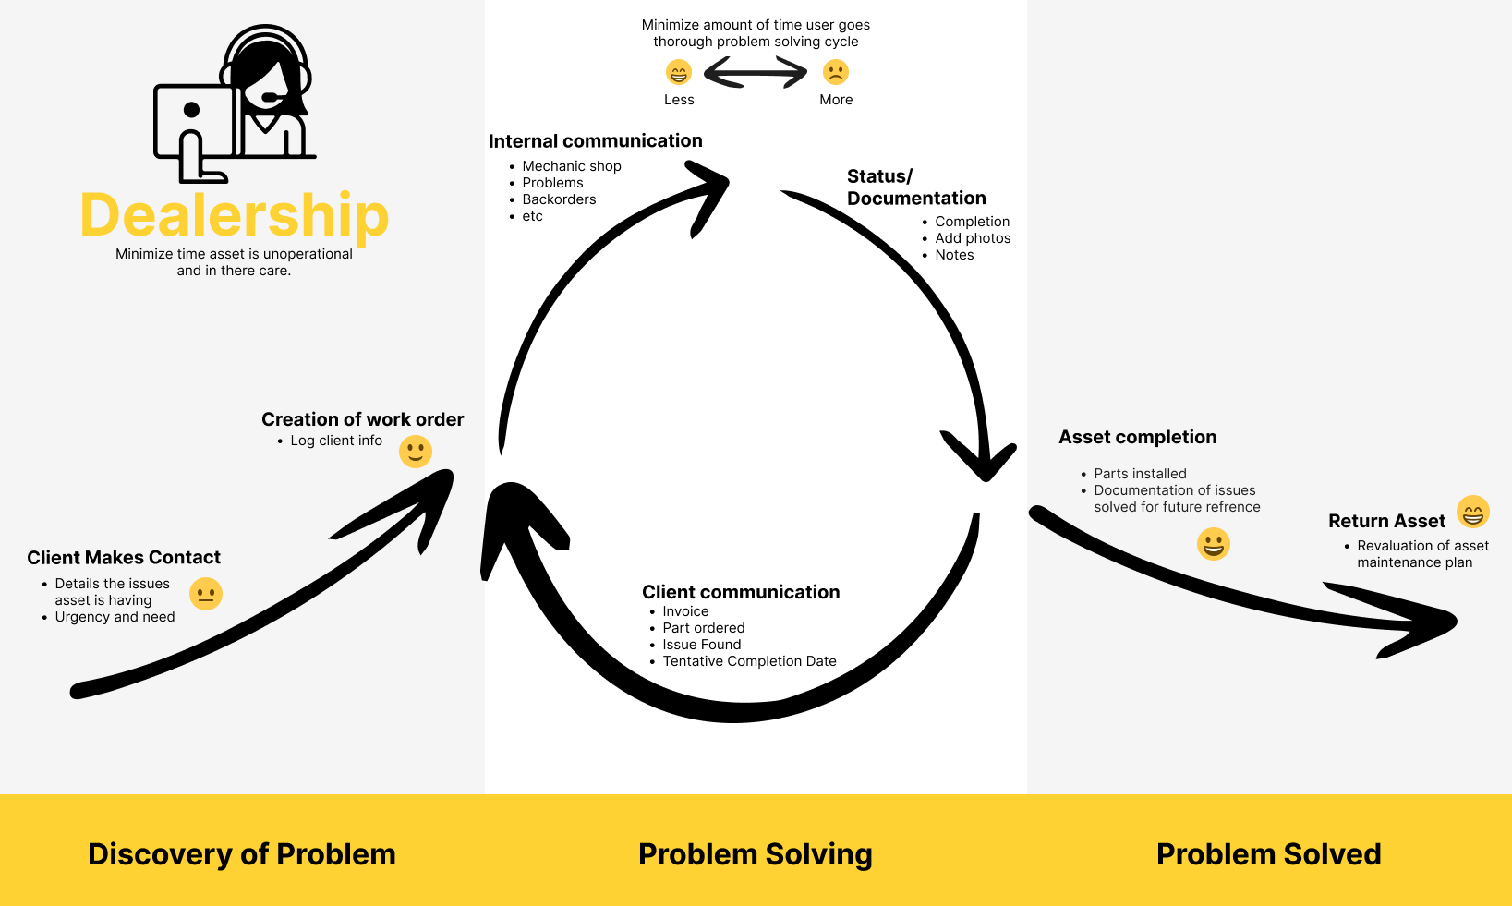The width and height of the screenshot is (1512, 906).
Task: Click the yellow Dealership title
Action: tap(235, 215)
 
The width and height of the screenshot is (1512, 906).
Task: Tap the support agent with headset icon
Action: tap(236, 103)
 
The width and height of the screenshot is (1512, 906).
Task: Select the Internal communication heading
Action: tap(595, 141)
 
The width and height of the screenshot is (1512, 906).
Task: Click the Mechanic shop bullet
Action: tap(572, 166)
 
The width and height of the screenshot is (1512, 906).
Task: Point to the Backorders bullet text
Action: tap(559, 199)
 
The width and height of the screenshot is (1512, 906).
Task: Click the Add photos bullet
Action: tap(973, 238)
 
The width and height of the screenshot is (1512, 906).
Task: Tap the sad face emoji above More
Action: tap(836, 72)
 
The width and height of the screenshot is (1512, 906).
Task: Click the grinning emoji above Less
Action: tap(679, 72)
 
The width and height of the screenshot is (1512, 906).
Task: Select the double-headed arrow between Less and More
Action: tap(756, 72)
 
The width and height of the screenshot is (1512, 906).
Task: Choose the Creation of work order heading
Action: tap(362, 419)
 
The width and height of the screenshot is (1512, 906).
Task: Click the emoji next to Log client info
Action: tap(416, 452)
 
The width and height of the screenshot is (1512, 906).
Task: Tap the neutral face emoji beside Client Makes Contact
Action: tap(206, 594)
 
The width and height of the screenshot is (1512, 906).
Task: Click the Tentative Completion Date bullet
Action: tap(749, 661)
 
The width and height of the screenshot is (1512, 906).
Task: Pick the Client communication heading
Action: tap(741, 592)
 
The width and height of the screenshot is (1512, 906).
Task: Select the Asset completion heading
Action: tap(1137, 437)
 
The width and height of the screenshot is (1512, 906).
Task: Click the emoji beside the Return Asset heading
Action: tap(1473, 512)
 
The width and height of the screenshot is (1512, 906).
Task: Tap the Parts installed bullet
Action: tap(1140, 474)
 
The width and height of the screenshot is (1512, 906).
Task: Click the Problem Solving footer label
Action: tap(756, 854)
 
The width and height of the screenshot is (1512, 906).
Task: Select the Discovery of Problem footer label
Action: tap(242, 854)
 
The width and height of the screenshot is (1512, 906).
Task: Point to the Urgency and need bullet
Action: tap(115, 617)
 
